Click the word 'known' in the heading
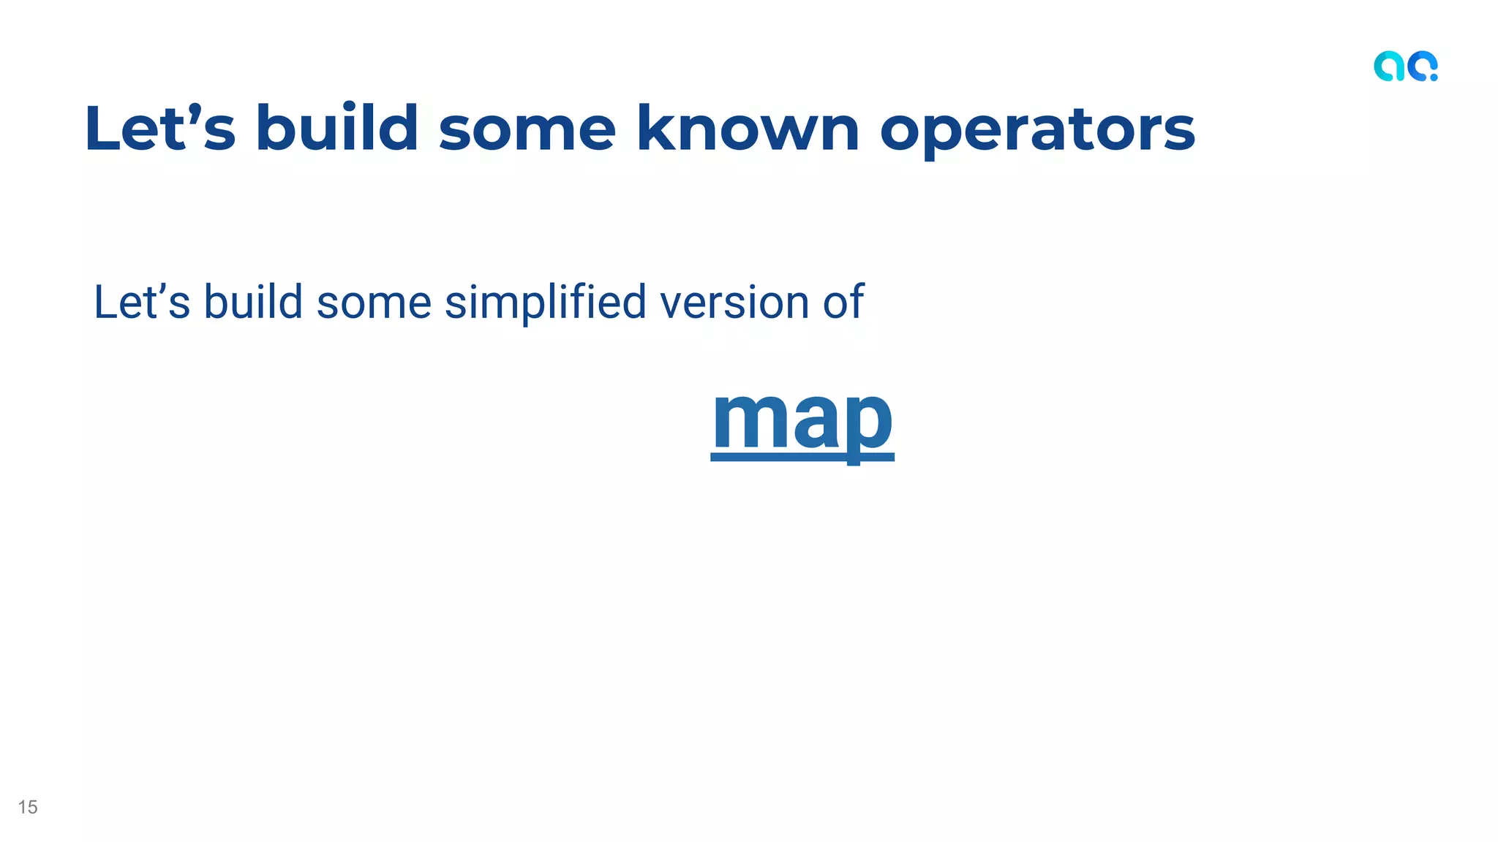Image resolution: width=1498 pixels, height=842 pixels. point(748,129)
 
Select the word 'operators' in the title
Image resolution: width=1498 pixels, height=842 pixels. point(1037,129)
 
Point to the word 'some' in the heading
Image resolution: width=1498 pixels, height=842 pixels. point(527,130)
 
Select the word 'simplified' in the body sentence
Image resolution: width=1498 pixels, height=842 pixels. point(545,303)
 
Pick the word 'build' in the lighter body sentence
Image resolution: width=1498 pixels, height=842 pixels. point(253,302)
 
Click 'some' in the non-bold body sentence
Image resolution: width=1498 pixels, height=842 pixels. point(374,303)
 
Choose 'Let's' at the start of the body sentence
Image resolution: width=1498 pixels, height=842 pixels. point(142,303)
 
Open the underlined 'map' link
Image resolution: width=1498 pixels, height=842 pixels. point(802,420)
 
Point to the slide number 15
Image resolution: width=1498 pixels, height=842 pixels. point(28,807)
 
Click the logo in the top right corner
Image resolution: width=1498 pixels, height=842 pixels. point(1405,67)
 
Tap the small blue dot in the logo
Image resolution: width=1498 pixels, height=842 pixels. point(1434,77)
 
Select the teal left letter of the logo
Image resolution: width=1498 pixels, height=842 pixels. point(1389,67)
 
